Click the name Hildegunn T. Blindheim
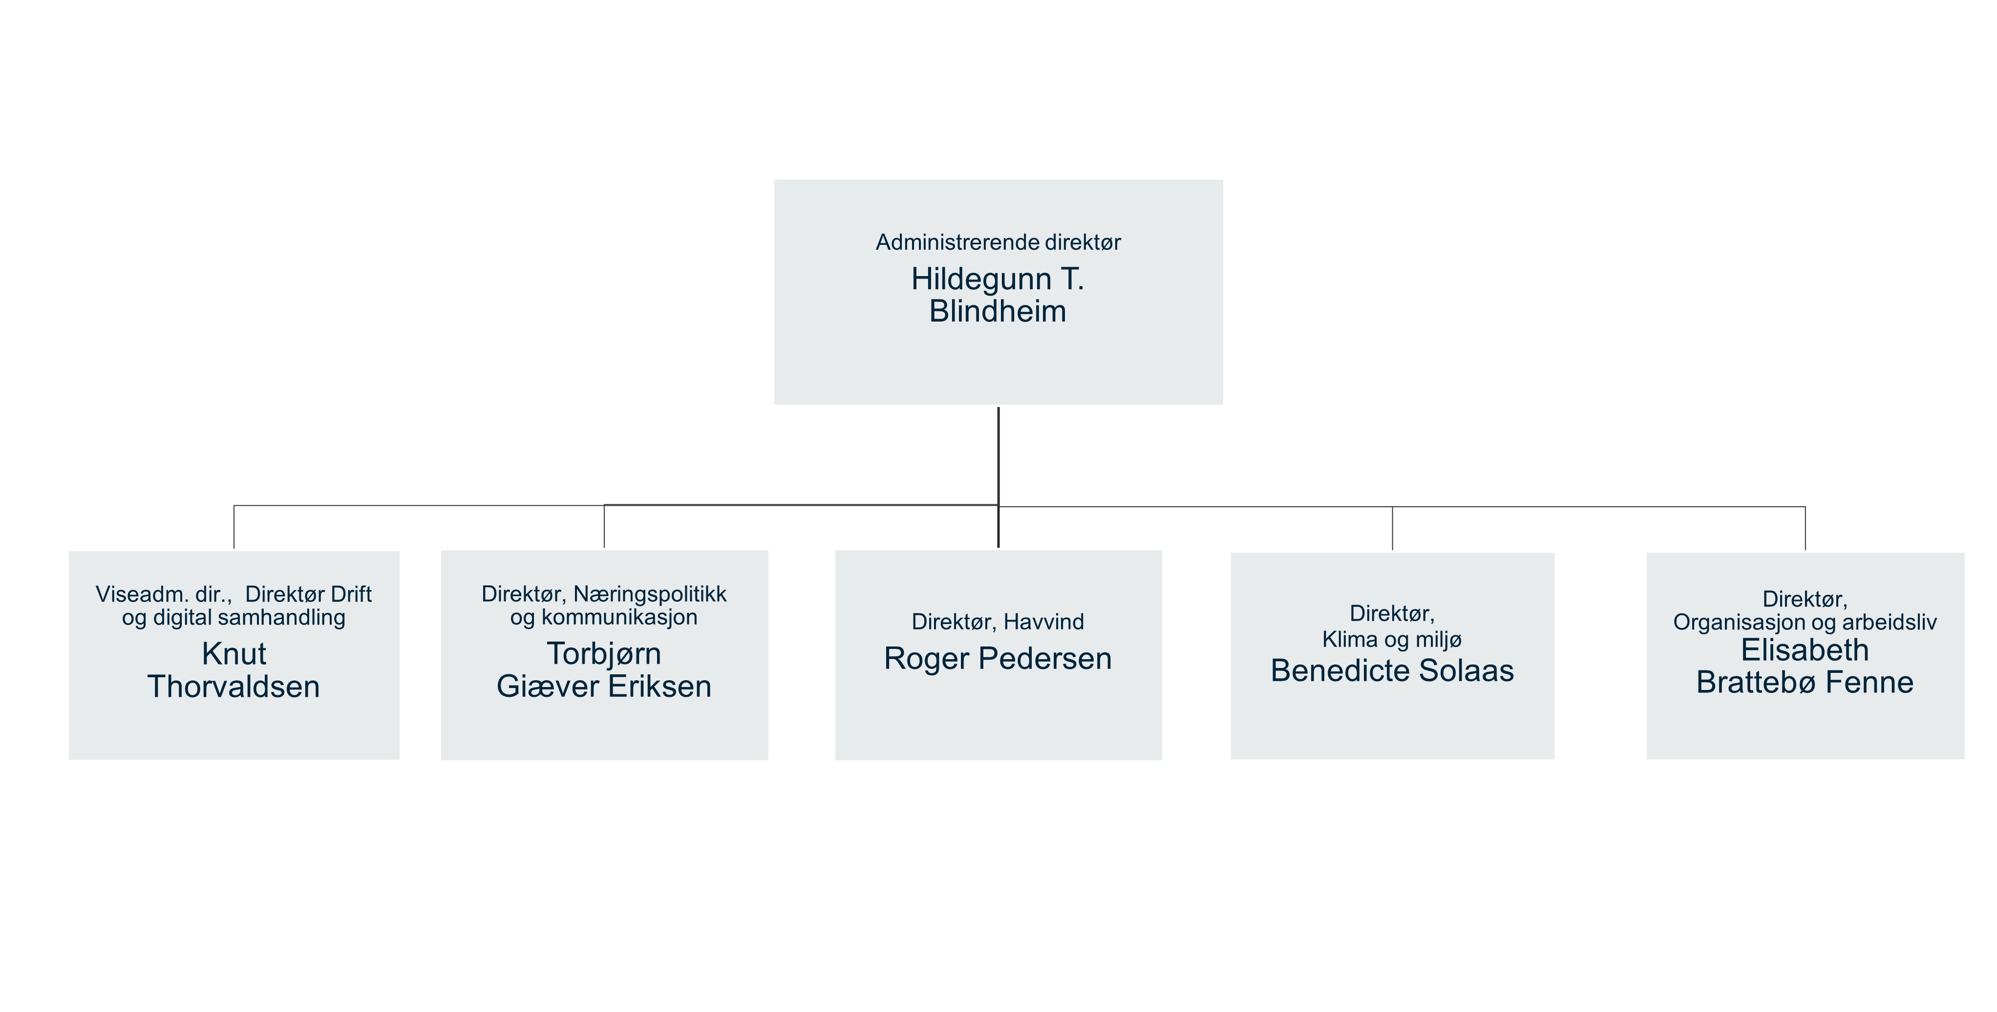coord(998,295)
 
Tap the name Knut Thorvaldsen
coord(234,670)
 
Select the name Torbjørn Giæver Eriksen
coord(604,670)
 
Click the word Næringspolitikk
coord(650,594)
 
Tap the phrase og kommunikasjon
coord(604,617)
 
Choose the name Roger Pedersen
coord(998,658)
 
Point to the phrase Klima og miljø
coord(1392,640)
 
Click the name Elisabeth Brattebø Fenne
coord(1805,666)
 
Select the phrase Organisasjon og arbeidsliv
coord(1805,622)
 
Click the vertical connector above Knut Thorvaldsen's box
coord(234,527)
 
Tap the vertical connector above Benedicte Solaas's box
coord(1392,529)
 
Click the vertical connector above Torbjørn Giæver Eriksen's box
coord(604,527)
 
